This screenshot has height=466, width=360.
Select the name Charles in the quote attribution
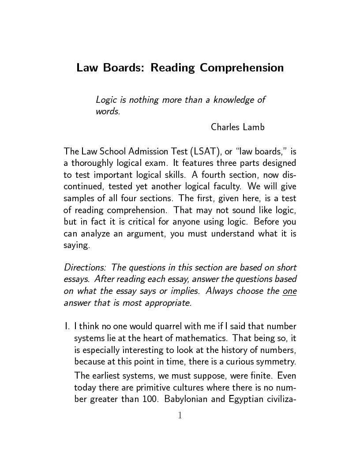click(225, 127)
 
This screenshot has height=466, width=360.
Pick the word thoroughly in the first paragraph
click(93, 164)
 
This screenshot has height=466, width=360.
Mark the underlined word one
click(289, 291)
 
